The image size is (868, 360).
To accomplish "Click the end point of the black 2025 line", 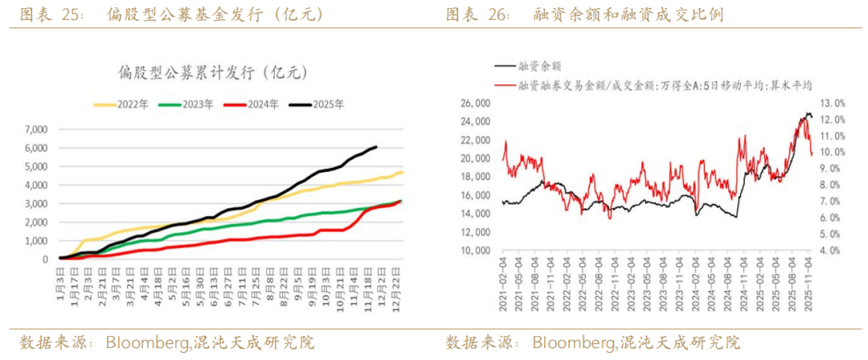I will tap(377, 147).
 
